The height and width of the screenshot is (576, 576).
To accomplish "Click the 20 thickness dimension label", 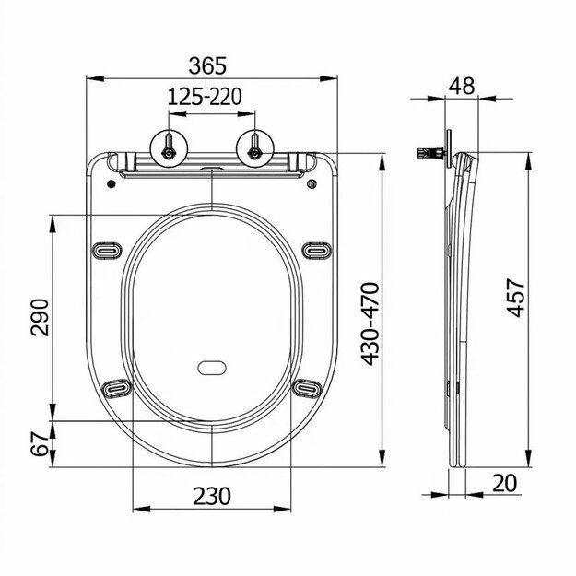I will tap(504, 482).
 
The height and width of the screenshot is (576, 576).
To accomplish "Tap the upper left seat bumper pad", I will tap(108, 249).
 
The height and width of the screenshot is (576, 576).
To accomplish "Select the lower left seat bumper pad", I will tap(116, 388).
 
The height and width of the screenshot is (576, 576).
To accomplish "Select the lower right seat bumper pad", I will tap(307, 388).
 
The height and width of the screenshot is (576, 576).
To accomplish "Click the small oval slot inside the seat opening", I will tap(212, 368).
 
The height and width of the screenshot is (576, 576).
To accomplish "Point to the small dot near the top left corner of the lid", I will tap(112, 183).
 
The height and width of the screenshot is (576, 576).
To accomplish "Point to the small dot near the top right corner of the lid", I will tap(312, 183).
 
